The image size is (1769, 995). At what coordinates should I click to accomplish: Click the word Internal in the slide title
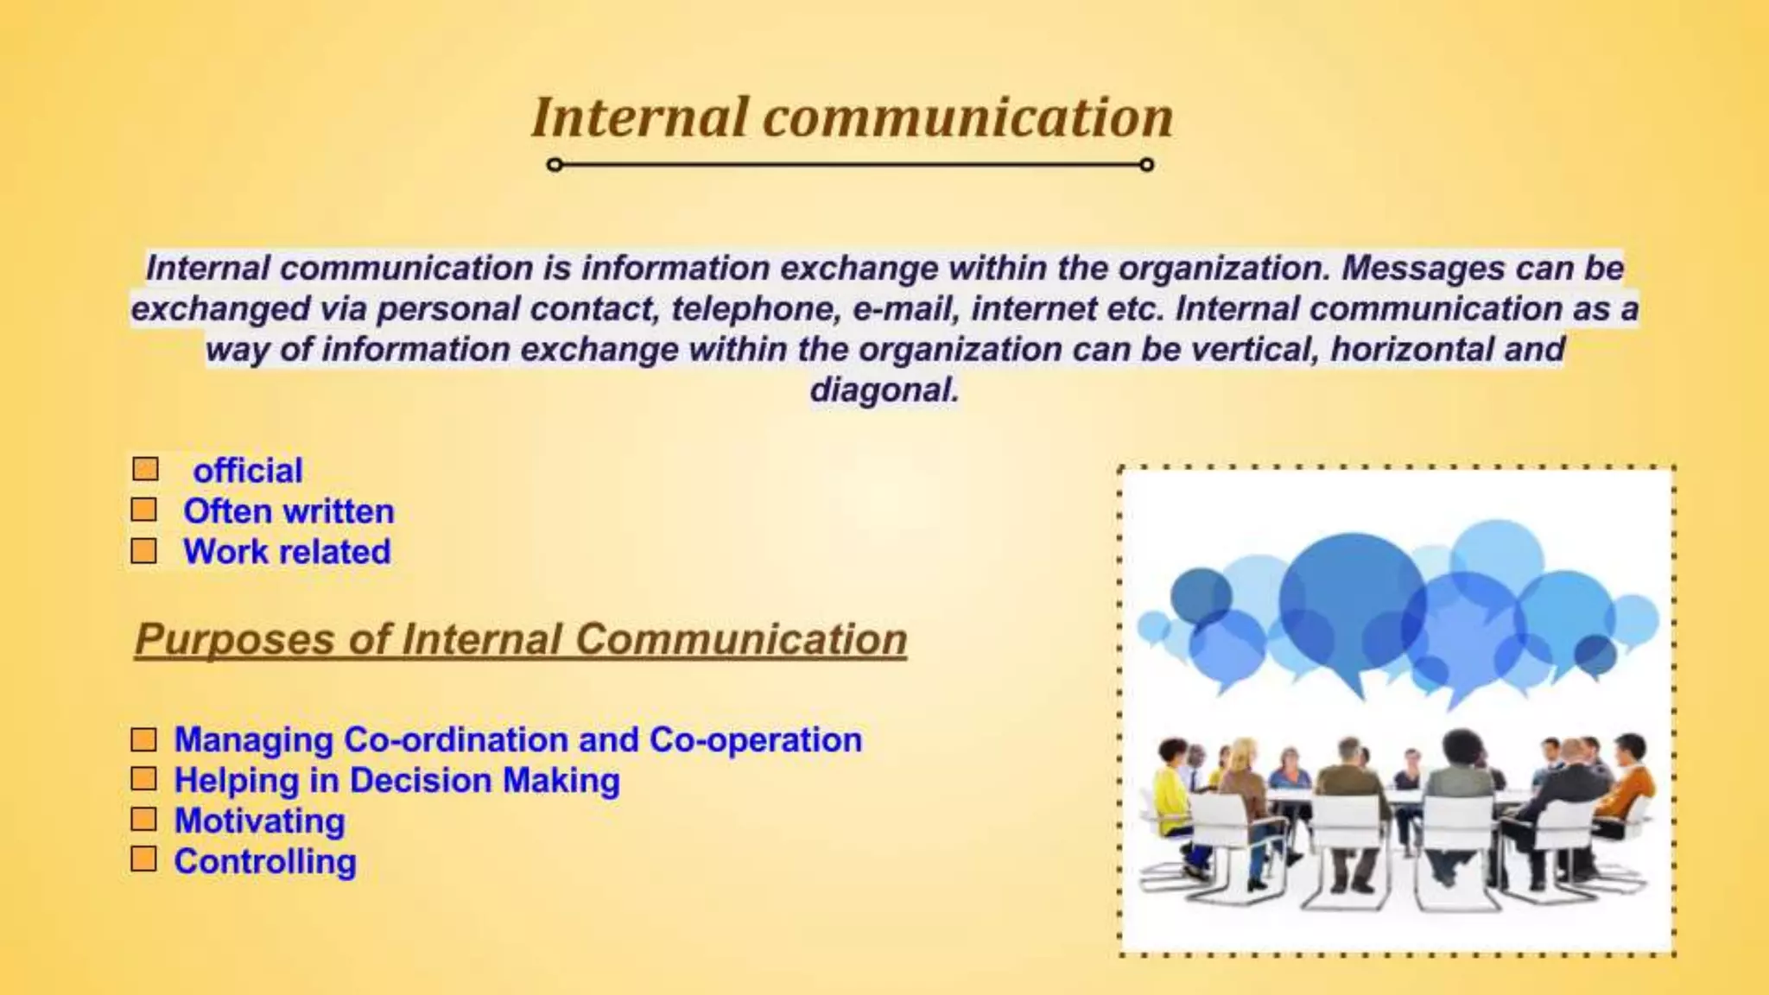coord(639,117)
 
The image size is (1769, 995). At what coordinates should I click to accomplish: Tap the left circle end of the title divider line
coord(555,164)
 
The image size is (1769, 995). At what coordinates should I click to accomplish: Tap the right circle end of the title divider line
coord(1146,164)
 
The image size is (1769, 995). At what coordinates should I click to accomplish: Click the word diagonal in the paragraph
coord(884,390)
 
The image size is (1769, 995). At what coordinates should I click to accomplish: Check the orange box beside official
coord(146,469)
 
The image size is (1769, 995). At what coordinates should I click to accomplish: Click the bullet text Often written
coord(288,511)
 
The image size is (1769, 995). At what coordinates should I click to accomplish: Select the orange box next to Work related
coord(144,551)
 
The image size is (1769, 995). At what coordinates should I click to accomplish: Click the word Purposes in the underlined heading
coord(235,640)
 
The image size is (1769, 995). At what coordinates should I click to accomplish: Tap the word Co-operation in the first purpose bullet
coord(755,740)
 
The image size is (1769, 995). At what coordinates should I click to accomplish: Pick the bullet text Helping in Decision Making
coord(396,781)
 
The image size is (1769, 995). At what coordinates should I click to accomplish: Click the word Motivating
coord(259,821)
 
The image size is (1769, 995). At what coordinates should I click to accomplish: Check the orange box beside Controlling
coord(144,859)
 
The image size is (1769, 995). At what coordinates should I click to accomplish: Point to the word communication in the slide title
coord(967,117)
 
